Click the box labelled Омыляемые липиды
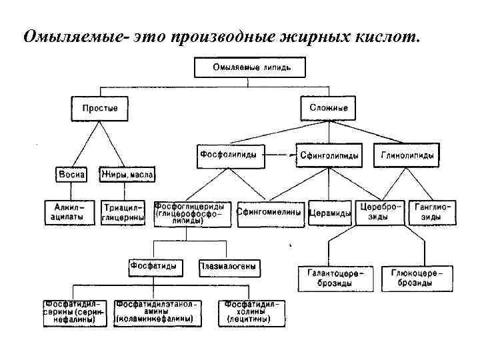pos(250,67)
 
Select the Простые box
pos(100,107)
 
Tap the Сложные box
pos(329,107)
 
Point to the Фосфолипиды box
pos(229,155)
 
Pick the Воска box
pos(71,175)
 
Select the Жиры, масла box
pos(127,175)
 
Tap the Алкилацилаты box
pos(69,213)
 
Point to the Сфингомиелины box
pos(271,213)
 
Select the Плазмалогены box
pos(227,267)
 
